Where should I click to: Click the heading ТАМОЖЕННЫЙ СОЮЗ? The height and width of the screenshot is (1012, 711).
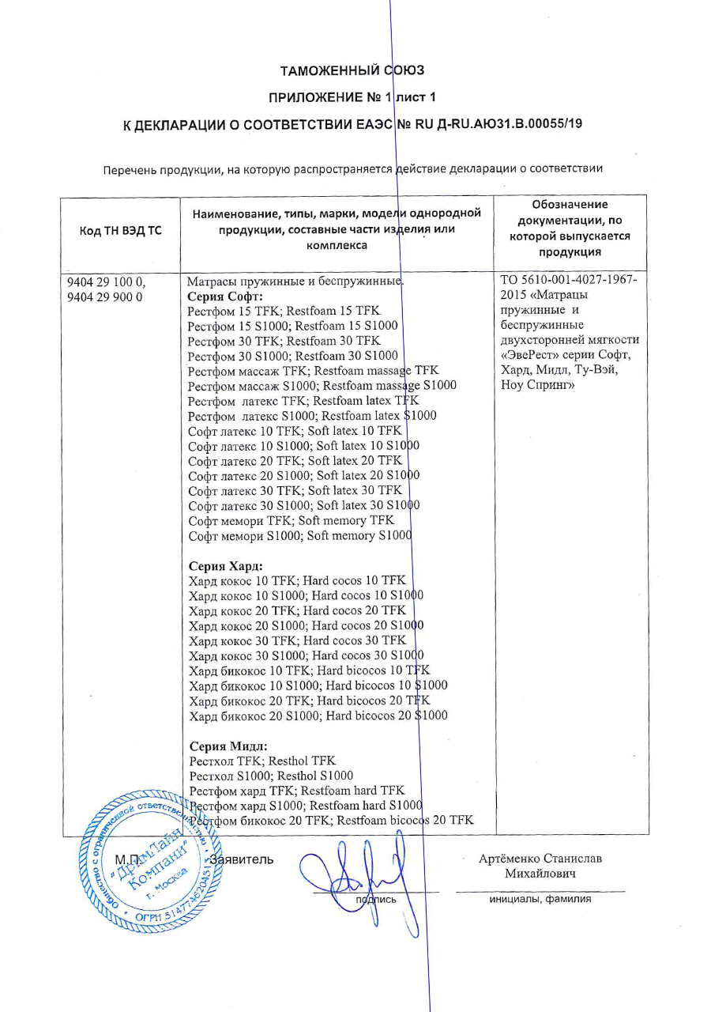(x=352, y=70)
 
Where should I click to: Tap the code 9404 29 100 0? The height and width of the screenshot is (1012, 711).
(x=106, y=282)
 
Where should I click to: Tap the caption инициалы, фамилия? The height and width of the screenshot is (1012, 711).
(x=540, y=898)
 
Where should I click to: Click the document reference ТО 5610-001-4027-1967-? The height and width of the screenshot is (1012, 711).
(x=570, y=281)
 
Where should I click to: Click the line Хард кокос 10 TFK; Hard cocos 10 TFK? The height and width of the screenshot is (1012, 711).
(x=297, y=580)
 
